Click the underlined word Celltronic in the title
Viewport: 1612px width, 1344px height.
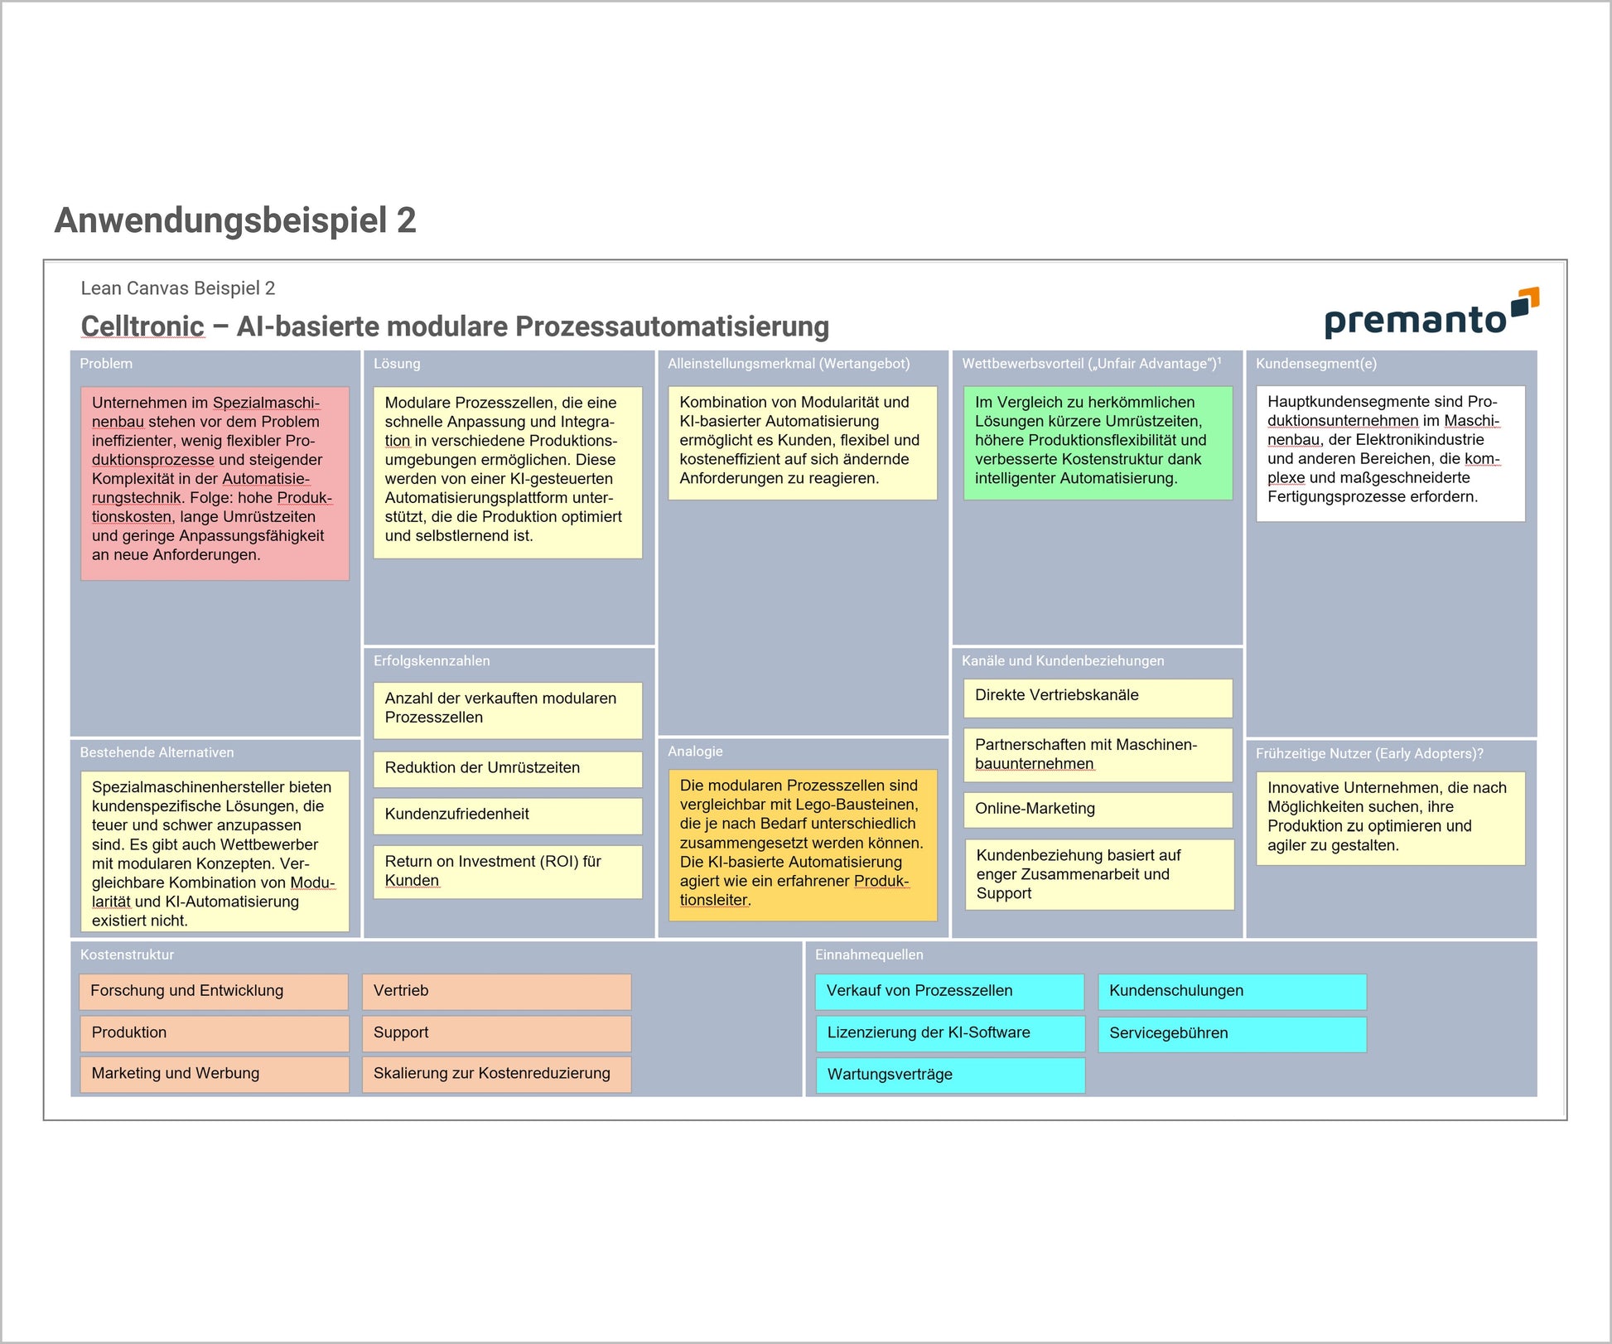(x=142, y=326)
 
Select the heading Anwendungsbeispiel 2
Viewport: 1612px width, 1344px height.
(x=235, y=220)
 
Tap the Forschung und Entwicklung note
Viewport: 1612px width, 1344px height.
(x=214, y=991)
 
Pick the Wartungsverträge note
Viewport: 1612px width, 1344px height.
(x=950, y=1075)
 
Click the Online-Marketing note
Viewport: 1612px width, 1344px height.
(x=1098, y=809)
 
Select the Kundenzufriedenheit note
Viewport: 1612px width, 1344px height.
(x=507, y=815)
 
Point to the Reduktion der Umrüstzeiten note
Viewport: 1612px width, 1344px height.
(x=507, y=768)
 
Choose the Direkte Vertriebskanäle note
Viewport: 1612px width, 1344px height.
(x=1098, y=696)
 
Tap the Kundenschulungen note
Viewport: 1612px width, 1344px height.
(x=1232, y=991)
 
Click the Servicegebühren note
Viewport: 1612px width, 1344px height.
(x=1232, y=1033)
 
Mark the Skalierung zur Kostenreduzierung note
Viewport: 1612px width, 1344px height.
(x=496, y=1074)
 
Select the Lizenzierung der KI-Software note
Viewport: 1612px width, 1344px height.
(x=950, y=1033)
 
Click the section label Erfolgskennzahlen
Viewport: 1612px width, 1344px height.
(x=432, y=661)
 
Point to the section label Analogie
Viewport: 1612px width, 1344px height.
(x=695, y=752)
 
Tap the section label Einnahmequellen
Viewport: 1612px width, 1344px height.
(x=869, y=955)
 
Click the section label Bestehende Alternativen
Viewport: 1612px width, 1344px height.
(x=157, y=752)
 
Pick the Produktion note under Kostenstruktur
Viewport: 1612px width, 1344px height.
(x=214, y=1032)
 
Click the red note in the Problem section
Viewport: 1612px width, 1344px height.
(x=215, y=482)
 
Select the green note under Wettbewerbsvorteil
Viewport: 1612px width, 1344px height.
(x=1098, y=442)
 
